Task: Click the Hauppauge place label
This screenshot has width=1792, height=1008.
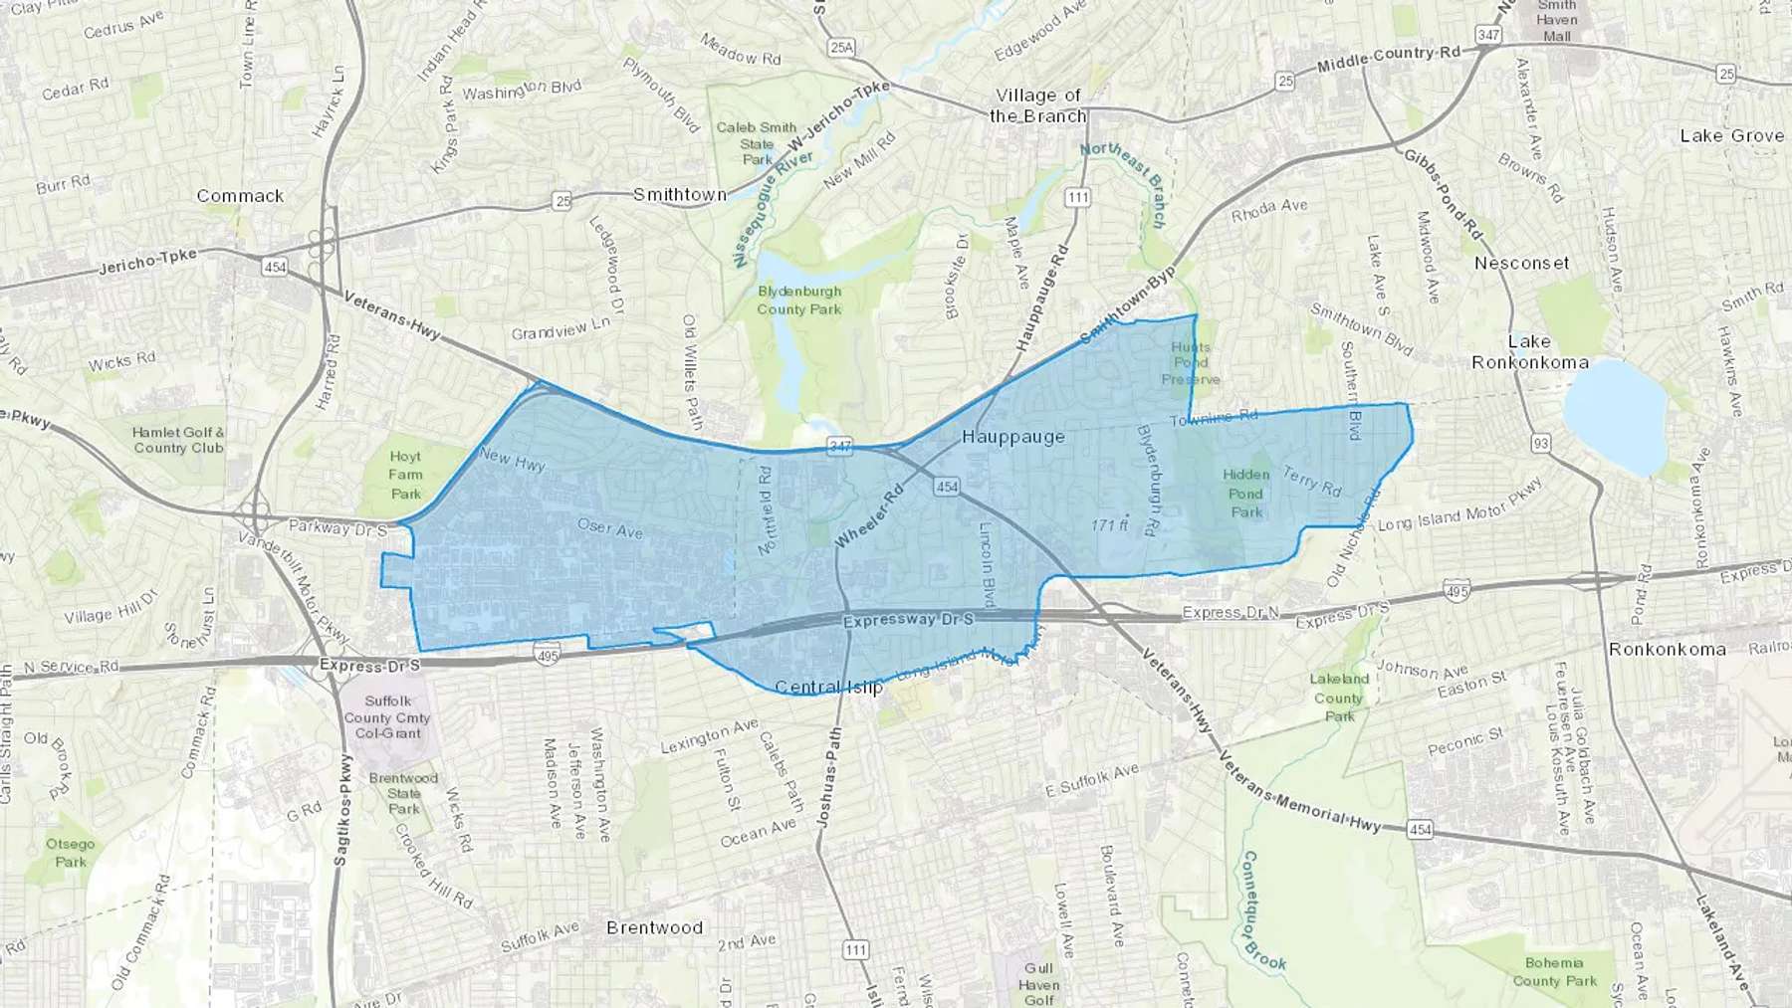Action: click(1012, 436)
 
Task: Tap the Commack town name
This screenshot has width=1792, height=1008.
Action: click(240, 195)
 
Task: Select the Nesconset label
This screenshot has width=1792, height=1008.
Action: click(1521, 263)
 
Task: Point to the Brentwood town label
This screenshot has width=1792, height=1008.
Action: click(654, 927)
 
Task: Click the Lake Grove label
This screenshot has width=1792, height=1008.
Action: click(1731, 135)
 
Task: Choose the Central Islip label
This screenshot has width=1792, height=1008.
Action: click(828, 687)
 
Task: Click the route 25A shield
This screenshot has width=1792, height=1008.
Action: click(841, 47)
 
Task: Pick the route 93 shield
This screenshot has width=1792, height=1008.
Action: click(1541, 444)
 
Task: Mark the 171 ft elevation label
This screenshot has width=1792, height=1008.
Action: click(1109, 524)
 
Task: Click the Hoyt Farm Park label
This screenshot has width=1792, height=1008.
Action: click(405, 475)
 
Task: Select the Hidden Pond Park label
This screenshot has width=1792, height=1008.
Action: click(1245, 493)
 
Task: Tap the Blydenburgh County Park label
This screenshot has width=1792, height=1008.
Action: click(798, 301)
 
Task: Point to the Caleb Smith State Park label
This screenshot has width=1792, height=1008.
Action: click(757, 143)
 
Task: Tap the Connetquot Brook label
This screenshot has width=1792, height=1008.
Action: click(1263, 910)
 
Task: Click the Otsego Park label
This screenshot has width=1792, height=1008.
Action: click(71, 853)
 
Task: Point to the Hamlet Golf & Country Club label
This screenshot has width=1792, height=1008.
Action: click(179, 440)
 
